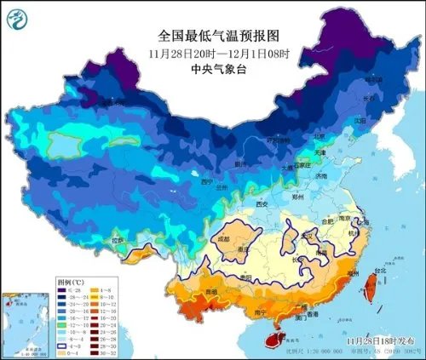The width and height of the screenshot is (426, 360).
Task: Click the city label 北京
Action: (x=318, y=136)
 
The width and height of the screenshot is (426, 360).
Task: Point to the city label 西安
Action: (x=263, y=205)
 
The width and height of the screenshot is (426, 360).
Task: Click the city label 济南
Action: (x=319, y=176)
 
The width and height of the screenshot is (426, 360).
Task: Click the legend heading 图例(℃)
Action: (x=70, y=278)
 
